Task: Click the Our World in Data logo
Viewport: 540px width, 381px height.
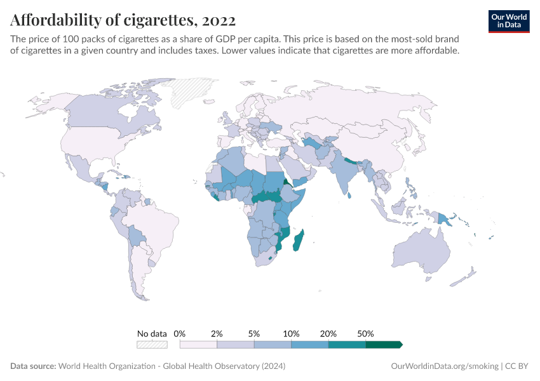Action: point(509,21)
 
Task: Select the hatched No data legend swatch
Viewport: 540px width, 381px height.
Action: point(152,344)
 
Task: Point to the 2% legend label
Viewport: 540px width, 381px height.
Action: point(217,333)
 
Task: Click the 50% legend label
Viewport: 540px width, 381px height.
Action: point(365,333)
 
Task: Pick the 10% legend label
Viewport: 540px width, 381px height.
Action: point(291,333)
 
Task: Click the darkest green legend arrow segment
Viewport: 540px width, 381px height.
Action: point(383,344)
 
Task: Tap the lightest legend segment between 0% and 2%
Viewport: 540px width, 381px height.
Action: point(198,344)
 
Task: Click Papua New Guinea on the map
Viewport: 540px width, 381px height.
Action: point(443,218)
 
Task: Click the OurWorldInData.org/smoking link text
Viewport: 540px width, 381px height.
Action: point(444,366)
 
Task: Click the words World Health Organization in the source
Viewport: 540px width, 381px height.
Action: point(106,366)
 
